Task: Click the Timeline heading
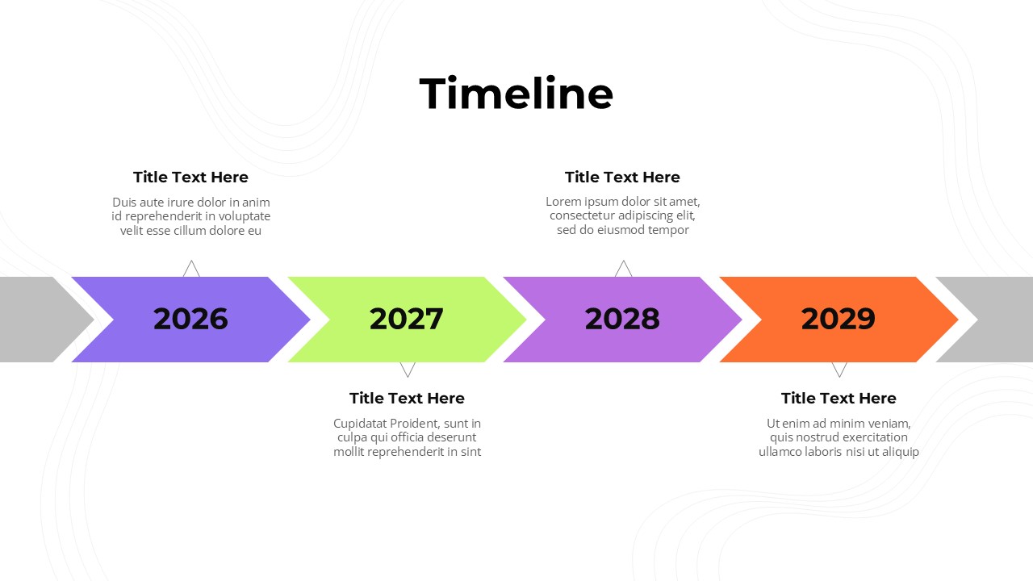tap(516, 94)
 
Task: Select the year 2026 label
tap(190, 319)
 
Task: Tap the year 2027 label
tap(406, 319)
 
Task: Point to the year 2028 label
tap(622, 319)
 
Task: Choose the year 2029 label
tap(839, 319)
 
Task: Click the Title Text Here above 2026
tap(190, 177)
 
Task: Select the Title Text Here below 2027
tap(407, 398)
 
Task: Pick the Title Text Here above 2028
tap(622, 177)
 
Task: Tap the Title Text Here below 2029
tap(839, 398)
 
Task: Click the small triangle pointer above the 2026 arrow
tap(191, 269)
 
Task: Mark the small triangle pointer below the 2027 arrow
tap(408, 370)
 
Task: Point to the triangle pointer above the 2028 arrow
tap(624, 269)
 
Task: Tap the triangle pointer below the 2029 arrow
tap(839, 370)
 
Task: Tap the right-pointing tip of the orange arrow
tap(957, 319)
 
